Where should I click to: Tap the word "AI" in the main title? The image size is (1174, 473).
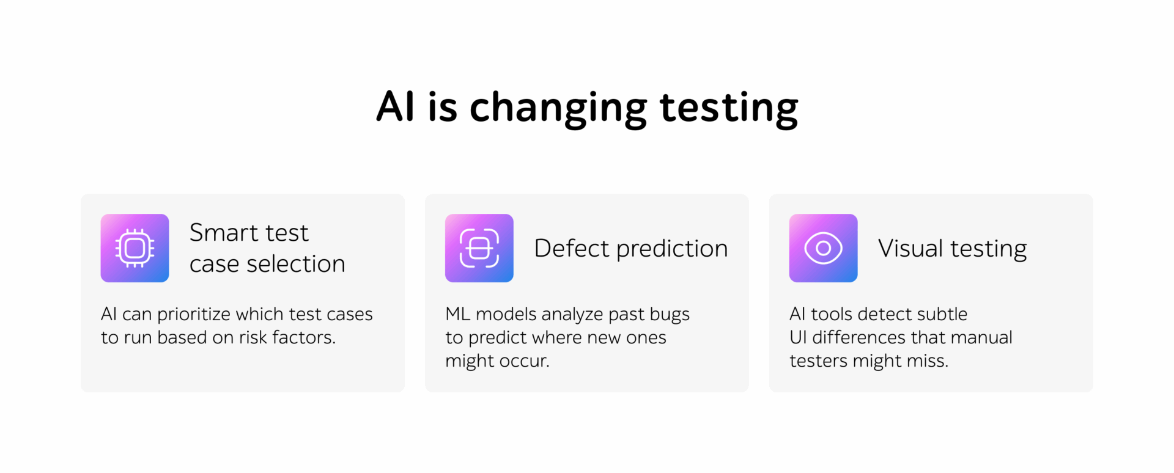click(396, 106)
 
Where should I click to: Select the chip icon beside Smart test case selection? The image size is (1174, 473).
click(135, 248)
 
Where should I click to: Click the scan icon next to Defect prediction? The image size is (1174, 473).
click(479, 248)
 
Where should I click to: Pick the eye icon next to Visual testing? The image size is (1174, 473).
click(824, 248)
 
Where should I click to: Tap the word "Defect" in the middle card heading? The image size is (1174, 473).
click(572, 249)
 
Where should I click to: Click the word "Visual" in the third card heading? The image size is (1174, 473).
click(910, 249)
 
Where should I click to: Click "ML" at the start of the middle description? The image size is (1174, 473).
click(457, 314)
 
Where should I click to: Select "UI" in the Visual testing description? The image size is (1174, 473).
click(798, 337)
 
